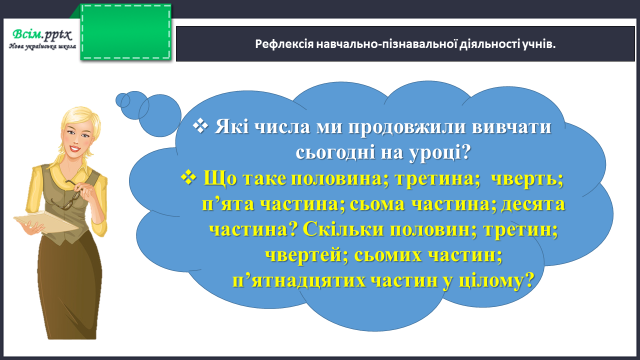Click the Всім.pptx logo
pyautogui.click(x=42, y=39)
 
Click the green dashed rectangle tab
pyautogui.click(x=126, y=32)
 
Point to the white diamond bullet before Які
pyautogui.click(x=200, y=126)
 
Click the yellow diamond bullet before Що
pyautogui.click(x=188, y=178)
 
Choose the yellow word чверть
pyautogui.click(x=527, y=178)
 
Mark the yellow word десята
pyautogui.click(x=533, y=204)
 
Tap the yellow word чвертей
pyautogui.click(x=306, y=256)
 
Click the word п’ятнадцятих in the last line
pyautogui.click(x=299, y=281)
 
